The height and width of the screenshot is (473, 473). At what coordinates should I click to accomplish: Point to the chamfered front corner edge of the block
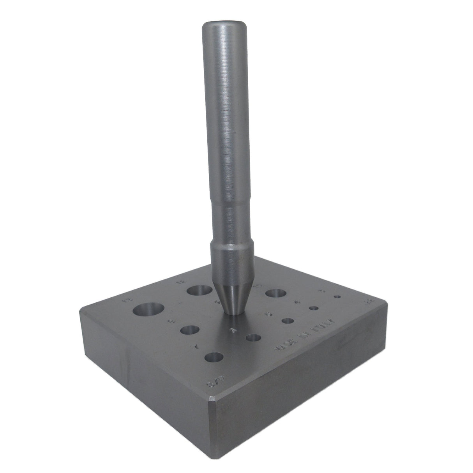click(x=211, y=413)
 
